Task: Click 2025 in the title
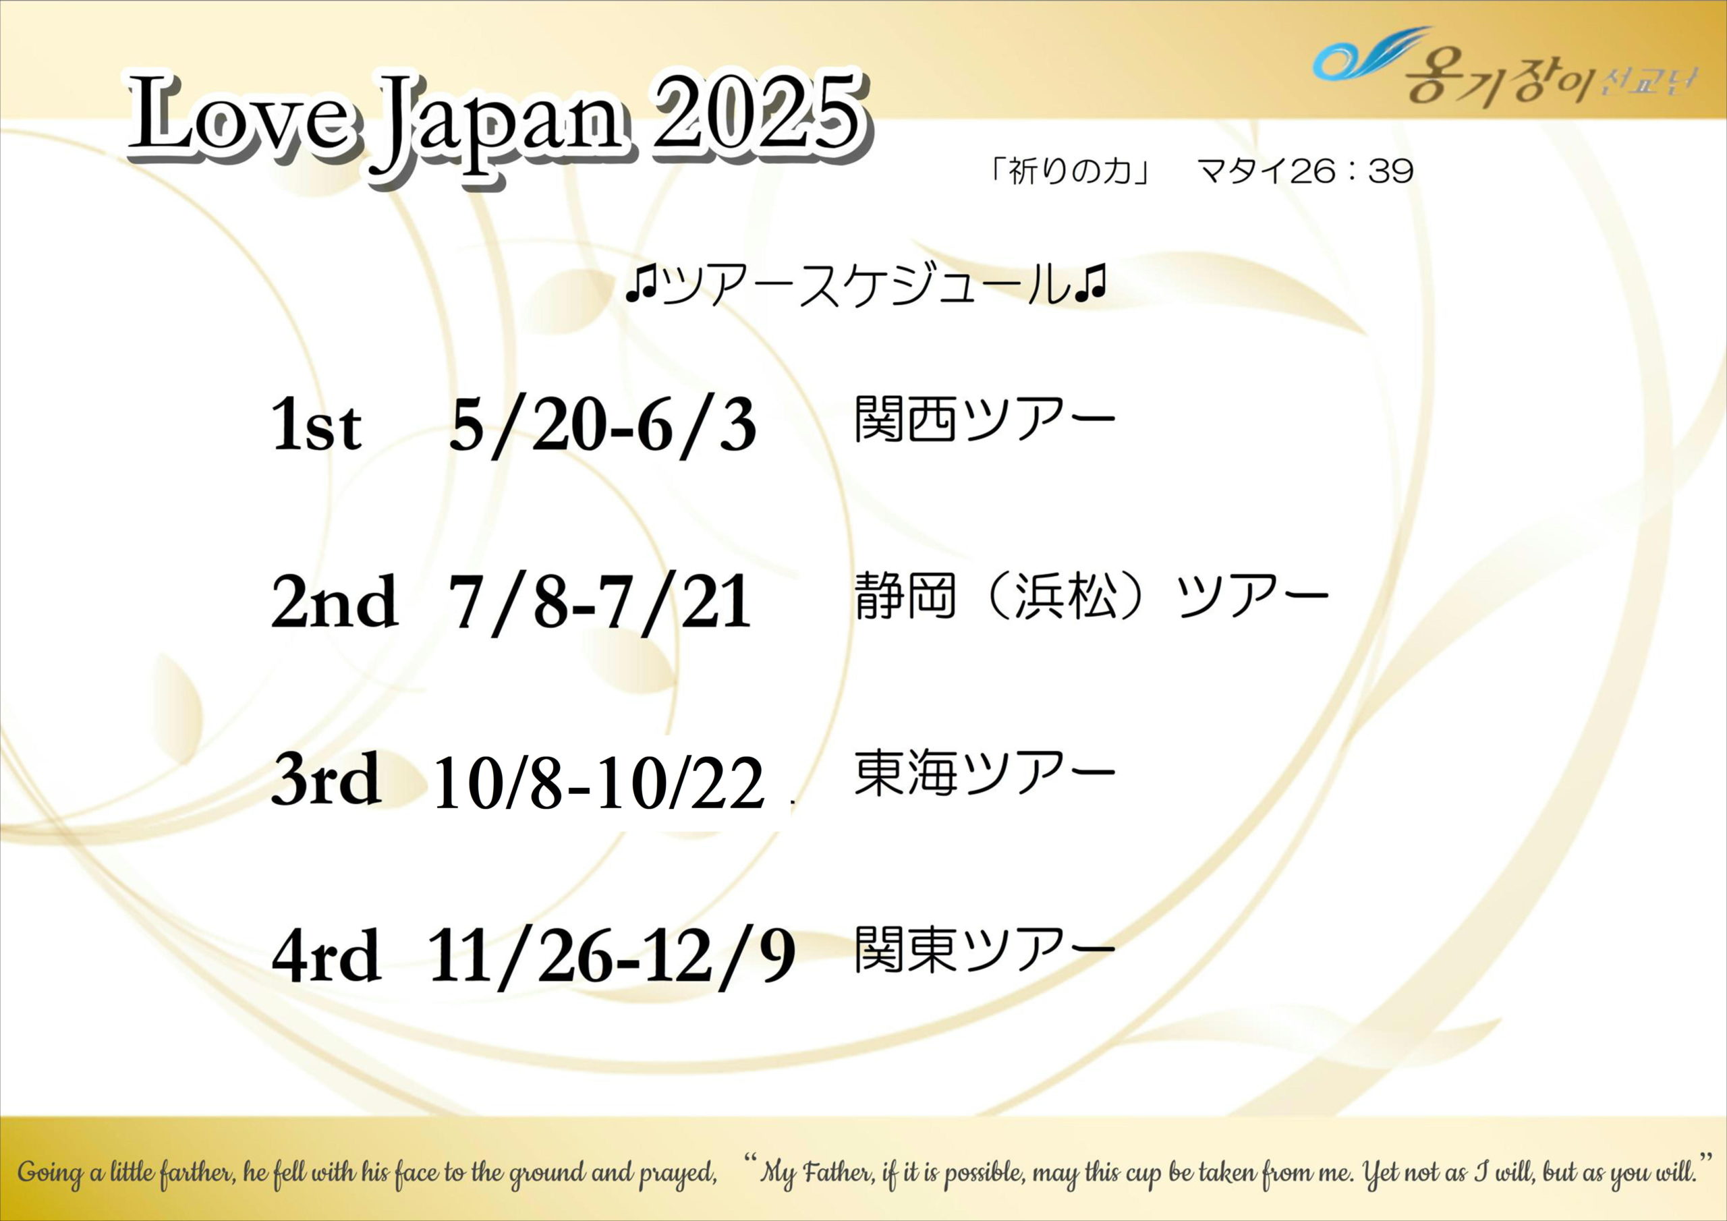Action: click(x=757, y=115)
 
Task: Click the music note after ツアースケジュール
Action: click(x=1091, y=285)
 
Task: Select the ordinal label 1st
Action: click(x=316, y=424)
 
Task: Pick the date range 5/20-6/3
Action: click(x=602, y=425)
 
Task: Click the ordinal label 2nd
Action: click(x=335, y=601)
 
